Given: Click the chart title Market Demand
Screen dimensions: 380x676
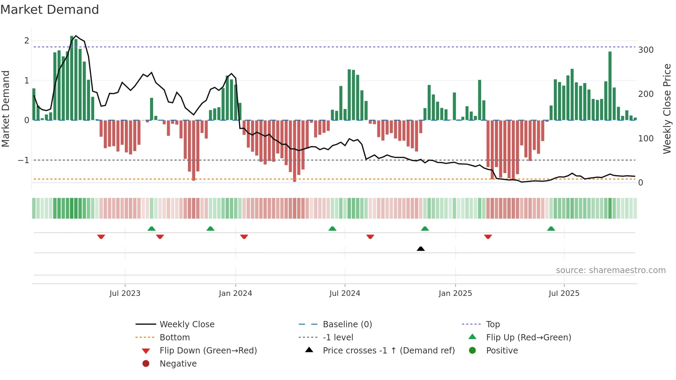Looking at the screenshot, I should click(x=50, y=10).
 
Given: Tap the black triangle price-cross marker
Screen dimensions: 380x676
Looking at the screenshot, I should click(x=420, y=249).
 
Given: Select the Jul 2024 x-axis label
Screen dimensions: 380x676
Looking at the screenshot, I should click(x=345, y=293).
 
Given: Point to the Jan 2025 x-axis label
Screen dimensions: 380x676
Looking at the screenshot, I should click(x=455, y=293).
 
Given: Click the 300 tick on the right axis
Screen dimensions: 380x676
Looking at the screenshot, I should click(x=646, y=50).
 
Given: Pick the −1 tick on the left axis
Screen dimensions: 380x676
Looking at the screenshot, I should click(x=23, y=160).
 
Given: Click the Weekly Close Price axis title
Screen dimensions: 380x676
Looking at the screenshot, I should click(x=667, y=109).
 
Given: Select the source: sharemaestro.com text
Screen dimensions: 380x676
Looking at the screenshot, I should click(x=610, y=270).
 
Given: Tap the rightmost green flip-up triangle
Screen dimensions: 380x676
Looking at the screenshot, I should click(x=551, y=229).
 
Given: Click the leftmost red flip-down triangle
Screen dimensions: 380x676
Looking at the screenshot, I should click(x=101, y=237).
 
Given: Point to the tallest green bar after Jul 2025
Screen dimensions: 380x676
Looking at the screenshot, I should click(x=610, y=86).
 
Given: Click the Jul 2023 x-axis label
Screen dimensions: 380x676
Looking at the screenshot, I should click(x=125, y=293).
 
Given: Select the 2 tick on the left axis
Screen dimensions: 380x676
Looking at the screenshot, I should click(x=27, y=41).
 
